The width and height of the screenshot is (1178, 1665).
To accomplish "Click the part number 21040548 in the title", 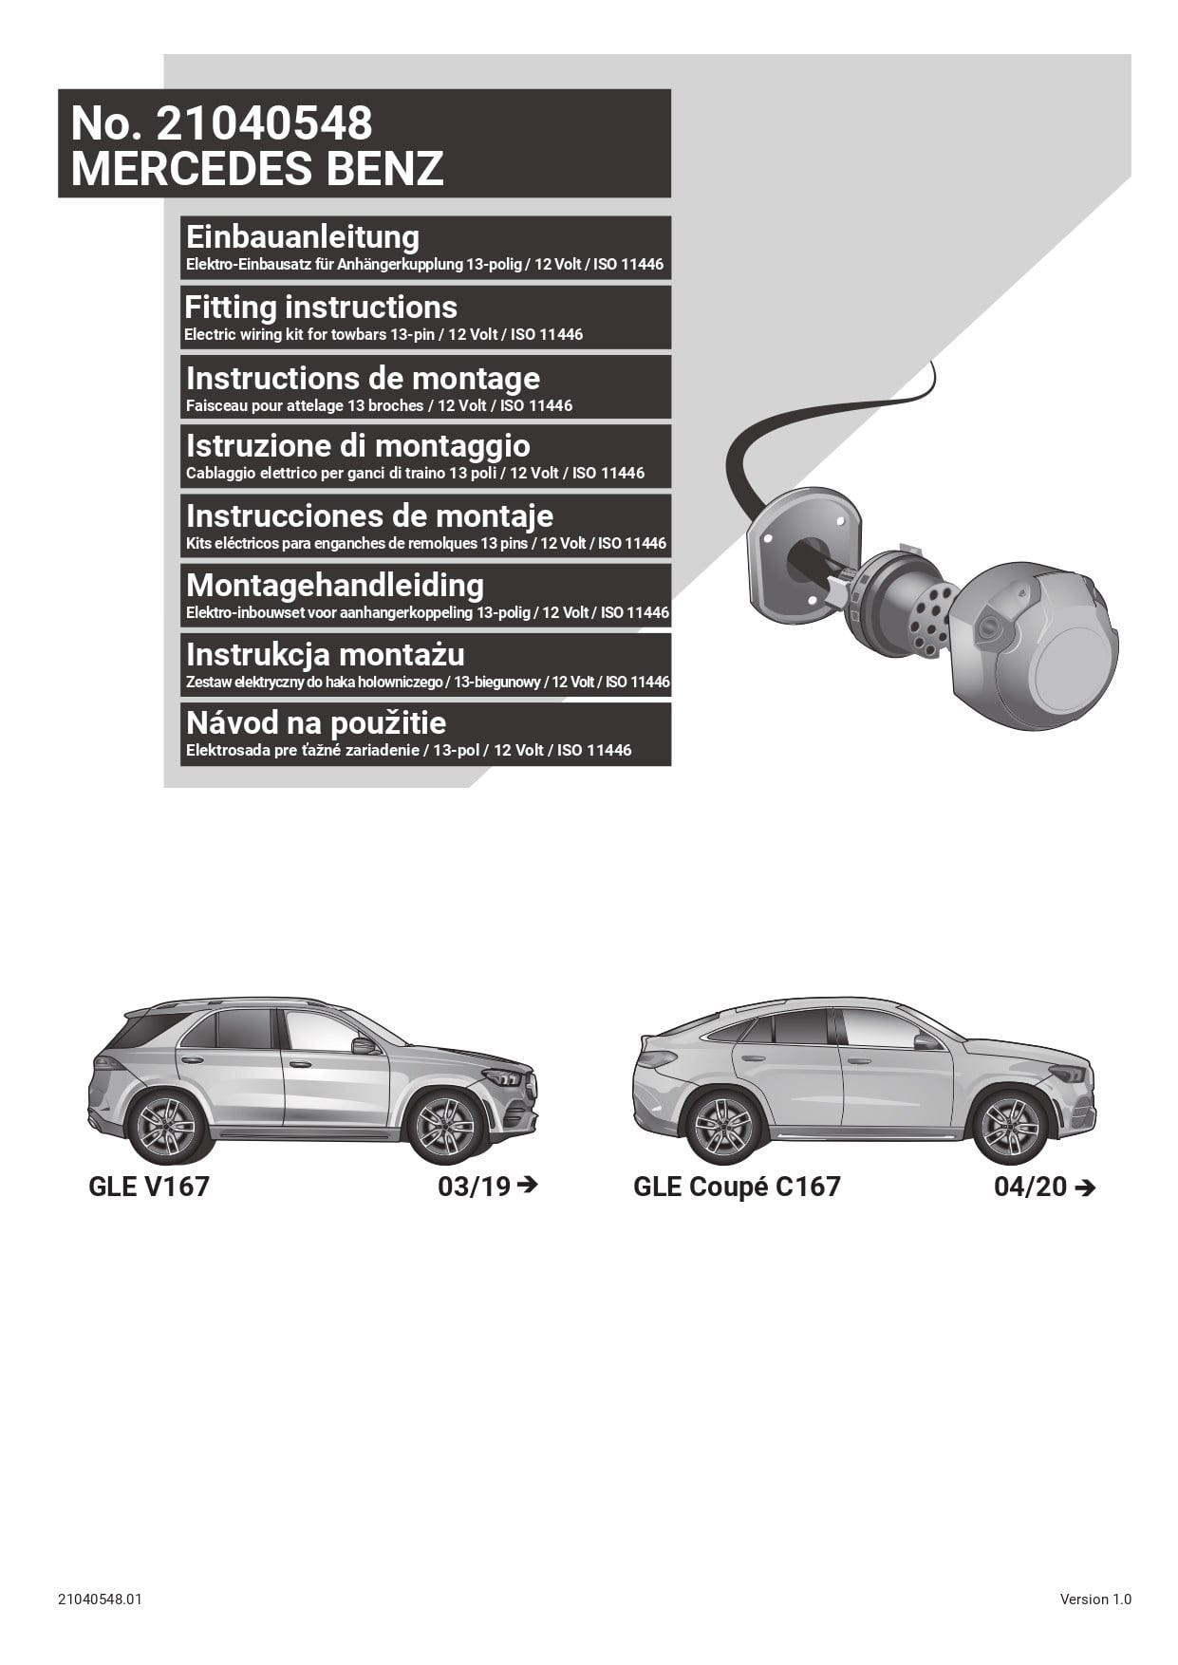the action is [264, 123].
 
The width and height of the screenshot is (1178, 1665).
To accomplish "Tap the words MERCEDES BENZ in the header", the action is [257, 168].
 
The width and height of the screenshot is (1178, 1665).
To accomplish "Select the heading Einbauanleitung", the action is [303, 236].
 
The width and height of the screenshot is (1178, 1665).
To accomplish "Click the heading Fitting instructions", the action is [321, 307].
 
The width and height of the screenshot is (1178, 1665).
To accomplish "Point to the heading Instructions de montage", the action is [364, 378].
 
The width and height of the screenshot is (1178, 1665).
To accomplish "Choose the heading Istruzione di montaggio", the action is [358, 446].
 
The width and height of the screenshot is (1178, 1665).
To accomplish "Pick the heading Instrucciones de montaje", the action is [370, 515].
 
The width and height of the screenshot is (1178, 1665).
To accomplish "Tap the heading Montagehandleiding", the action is [335, 586].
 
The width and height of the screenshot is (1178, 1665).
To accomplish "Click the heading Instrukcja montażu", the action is [326, 655].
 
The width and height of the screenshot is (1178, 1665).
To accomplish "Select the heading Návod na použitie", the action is [316, 723].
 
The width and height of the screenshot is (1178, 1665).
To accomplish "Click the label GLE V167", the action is [149, 1187].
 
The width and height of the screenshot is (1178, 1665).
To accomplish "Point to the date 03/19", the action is [474, 1187].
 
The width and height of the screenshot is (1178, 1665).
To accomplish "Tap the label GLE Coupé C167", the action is [737, 1187].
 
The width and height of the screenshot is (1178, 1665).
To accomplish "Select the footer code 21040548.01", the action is [100, 1600].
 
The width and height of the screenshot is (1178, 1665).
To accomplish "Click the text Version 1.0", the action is [1095, 1600].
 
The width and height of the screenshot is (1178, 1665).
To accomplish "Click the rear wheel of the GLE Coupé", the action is [724, 1128].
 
